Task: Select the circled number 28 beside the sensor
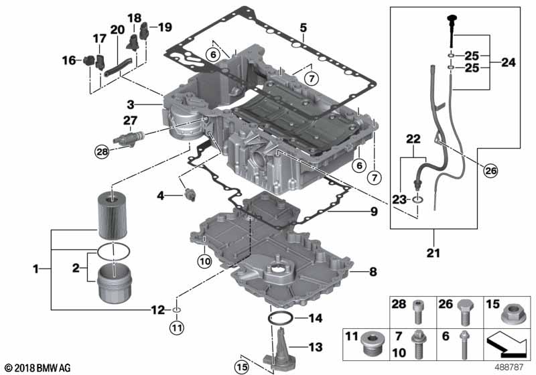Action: click(101, 152)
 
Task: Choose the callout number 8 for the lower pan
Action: click(373, 272)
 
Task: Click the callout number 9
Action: click(373, 212)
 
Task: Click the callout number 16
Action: click(69, 60)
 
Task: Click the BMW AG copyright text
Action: click(38, 368)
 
